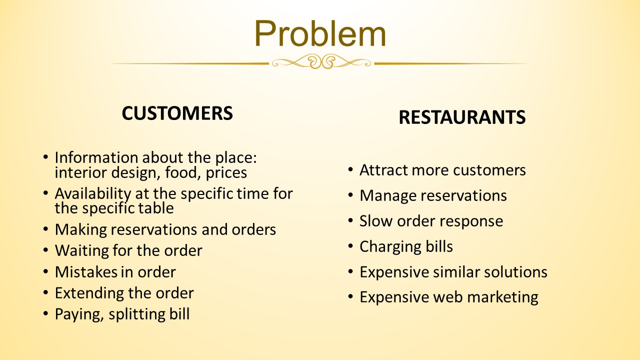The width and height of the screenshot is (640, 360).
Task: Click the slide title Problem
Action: tap(320, 33)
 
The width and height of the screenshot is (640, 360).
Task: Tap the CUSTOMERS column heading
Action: tap(177, 113)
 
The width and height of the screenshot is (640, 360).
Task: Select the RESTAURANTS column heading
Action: tap(462, 117)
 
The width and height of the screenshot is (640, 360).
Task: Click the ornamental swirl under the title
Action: tap(321, 61)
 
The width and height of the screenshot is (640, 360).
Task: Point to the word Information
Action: tap(96, 157)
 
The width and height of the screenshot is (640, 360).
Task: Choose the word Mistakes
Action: tap(85, 272)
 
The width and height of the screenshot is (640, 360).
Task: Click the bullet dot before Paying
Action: tap(45, 313)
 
